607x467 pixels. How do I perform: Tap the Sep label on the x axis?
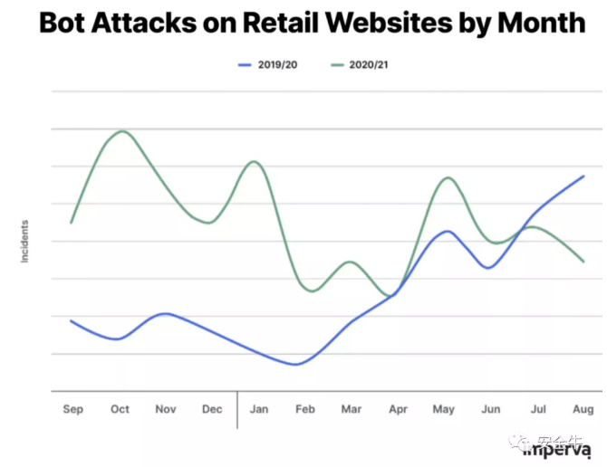pos(72,410)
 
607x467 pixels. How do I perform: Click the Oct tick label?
pos(120,410)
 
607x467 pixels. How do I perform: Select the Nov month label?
pos(166,410)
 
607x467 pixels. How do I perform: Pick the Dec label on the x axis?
pos(212,410)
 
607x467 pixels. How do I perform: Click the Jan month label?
pos(259,410)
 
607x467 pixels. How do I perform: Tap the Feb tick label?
pos(305,410)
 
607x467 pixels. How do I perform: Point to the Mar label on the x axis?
pos(352,410)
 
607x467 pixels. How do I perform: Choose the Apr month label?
pos(398,410)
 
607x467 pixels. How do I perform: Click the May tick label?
pos(445,410)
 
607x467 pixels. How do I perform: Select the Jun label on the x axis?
pos(491,410)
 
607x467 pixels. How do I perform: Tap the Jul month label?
pos(537,410)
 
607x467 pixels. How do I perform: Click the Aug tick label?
pos(584,410)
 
